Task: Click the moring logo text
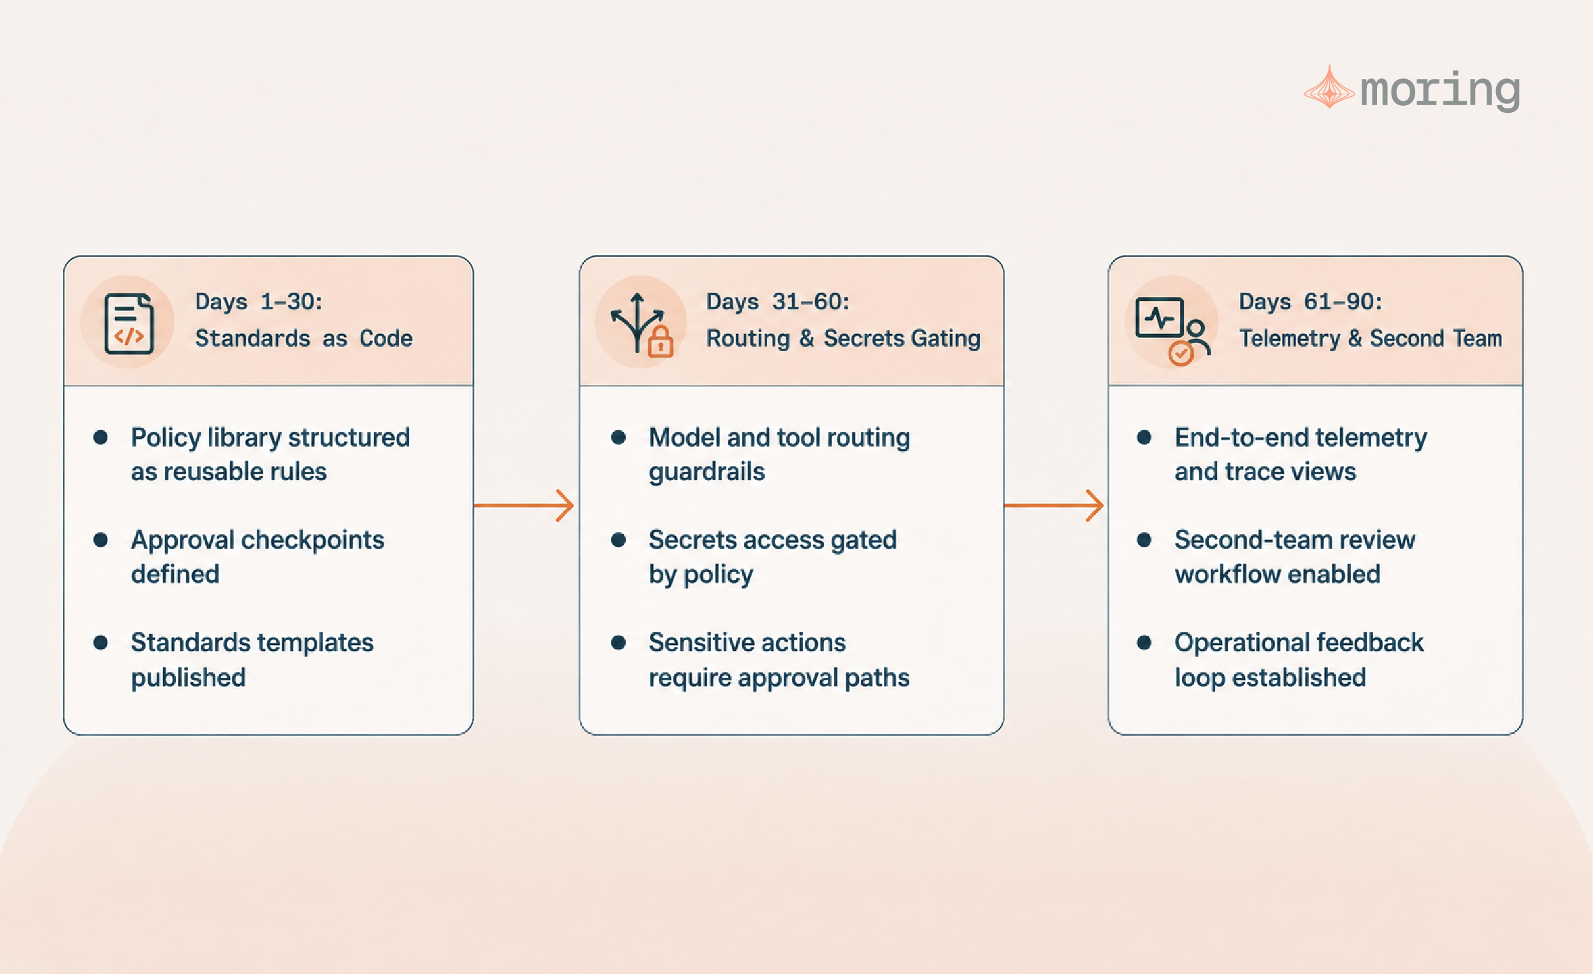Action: tap(1440, 91)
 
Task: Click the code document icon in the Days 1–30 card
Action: tap(129, 323)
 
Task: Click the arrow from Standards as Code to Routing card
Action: tap(524, 505)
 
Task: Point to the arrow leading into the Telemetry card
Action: tap(1054, 505)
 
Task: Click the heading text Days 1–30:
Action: tap(259, 302)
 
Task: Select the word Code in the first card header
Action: tap(386, 338)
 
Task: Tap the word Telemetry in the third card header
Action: tap(1290, 339)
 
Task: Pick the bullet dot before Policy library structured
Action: tap(100, 437)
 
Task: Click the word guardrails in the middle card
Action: tap(707, 472)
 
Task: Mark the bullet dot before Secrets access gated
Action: tap(618, 540)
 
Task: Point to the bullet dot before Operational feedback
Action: tap(1144, 643)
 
